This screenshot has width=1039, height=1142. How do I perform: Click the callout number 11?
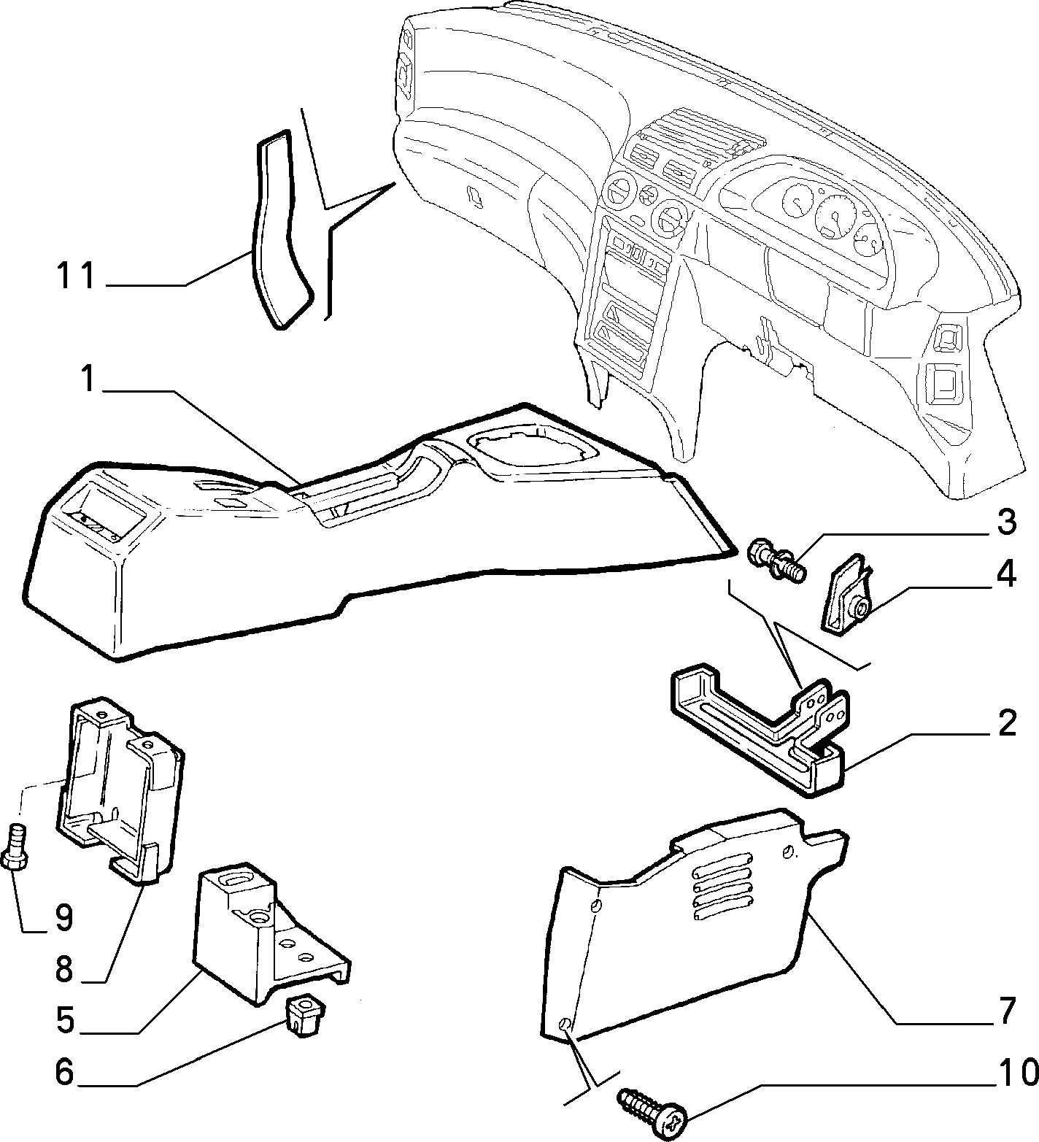tap(76, 277)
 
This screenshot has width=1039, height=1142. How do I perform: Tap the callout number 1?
tap(88, 379)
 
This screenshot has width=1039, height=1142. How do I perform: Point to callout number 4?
tap(1006, 575)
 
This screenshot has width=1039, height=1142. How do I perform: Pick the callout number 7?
tap(1007, 1011)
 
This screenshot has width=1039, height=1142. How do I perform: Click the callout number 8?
tap(64, 970)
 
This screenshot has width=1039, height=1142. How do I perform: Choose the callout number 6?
tap(65, 1072)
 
